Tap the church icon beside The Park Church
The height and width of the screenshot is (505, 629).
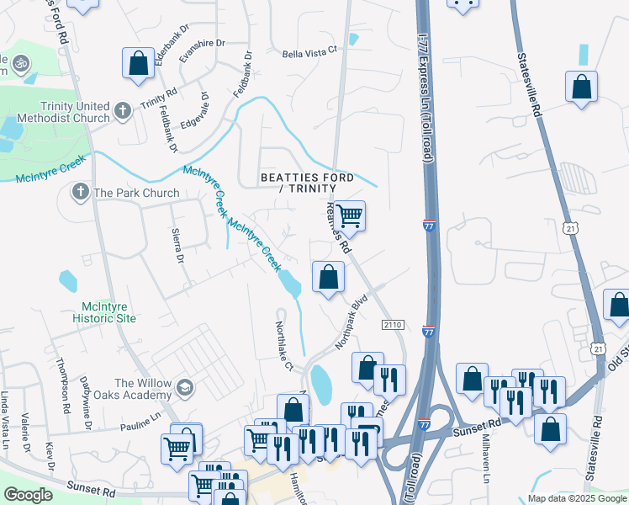tap(81, 193)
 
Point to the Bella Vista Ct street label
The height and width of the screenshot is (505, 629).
tap(309, 50)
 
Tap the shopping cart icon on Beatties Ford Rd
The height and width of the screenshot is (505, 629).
tap(349, 215)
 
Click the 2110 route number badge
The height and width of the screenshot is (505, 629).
tap(393, 325)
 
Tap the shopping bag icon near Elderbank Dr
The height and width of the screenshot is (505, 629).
tap(138, 64)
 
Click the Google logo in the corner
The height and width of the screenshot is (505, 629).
tap(28, 495)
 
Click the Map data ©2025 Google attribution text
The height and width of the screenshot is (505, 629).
tap(576, 498)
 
